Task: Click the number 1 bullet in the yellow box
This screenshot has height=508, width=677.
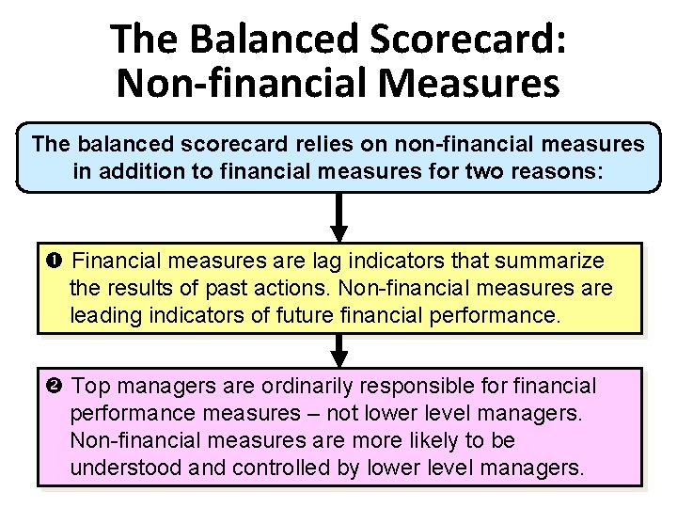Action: tap(59, 260)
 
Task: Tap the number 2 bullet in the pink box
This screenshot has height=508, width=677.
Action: tap(59, 386)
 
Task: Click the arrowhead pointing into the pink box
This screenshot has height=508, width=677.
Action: tap(339, 357)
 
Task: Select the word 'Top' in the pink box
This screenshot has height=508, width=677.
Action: tap(91, 386)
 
